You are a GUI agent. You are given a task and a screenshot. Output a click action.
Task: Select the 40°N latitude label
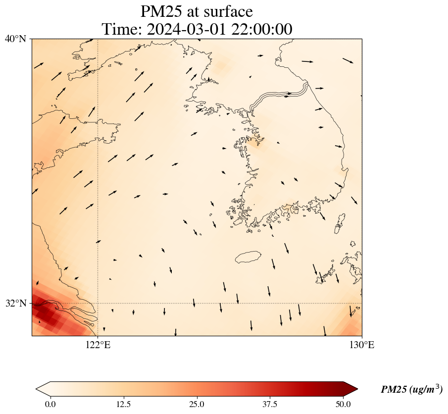[16, 39]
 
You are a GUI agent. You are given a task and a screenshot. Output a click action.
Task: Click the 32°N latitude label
[16, 303]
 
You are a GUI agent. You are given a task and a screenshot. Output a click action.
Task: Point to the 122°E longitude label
[98, 345]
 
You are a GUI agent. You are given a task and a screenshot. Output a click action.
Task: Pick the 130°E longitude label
[362, 345]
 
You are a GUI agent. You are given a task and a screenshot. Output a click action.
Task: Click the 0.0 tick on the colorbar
[50, 404]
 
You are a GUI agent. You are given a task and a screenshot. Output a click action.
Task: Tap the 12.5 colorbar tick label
[123, 404]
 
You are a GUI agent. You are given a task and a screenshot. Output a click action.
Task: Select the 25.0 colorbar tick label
[197, 404]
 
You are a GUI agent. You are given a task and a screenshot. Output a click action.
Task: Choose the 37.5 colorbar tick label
[270, 404]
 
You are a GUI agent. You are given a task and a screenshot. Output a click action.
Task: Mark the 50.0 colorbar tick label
[343, 404]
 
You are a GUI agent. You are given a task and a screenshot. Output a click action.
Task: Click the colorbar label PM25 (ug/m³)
[411, 390]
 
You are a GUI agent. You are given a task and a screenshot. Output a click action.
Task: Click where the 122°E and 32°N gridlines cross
[98, 303]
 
